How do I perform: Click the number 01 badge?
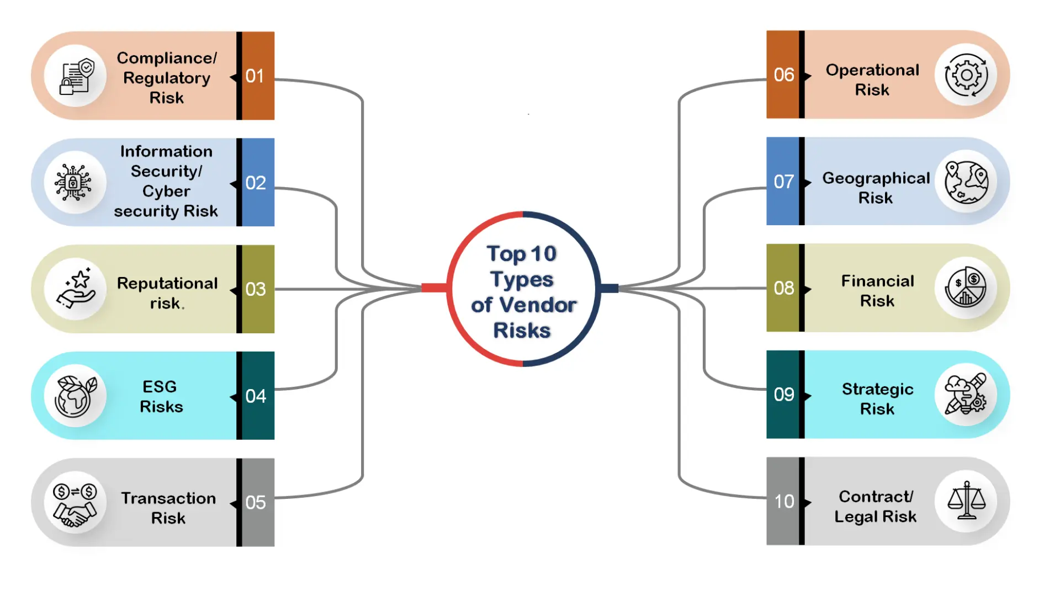click(x=255, y=76)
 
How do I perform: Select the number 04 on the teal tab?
click(x=256, y=396)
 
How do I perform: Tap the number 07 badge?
click(x=783, y=182)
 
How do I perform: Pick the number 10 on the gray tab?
click(x=784, y=502)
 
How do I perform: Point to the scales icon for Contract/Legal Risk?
click(x=966, y=501)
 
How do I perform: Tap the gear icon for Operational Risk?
click(x=966, y=75)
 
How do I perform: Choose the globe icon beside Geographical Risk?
click(x=966, y=182)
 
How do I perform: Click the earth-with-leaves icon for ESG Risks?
click(x=75, y=396)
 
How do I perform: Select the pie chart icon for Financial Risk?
click(x=966, y=288)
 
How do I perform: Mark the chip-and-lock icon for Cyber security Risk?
click(x=73, y=182)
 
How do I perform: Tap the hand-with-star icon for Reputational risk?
click(x=76, y=289)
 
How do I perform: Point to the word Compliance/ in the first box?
click(x=167, y=58)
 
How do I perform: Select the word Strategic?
click(x=877, y=389)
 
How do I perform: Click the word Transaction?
click(x=168, y=498)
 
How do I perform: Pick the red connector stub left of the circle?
click(x=434, y=288)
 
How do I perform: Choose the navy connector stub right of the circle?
click(x=609, y=288)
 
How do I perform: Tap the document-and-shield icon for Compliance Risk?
click(x=76, y=77)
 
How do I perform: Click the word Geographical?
click(x=876, y=178)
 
